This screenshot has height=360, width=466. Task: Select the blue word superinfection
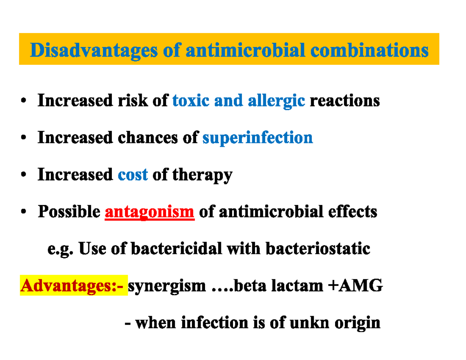257,138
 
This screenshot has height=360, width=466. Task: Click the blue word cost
132,175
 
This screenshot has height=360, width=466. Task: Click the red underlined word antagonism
150,212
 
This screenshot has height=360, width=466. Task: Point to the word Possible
69,212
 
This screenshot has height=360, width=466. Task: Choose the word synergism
167,287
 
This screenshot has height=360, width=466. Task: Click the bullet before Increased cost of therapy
24,176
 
